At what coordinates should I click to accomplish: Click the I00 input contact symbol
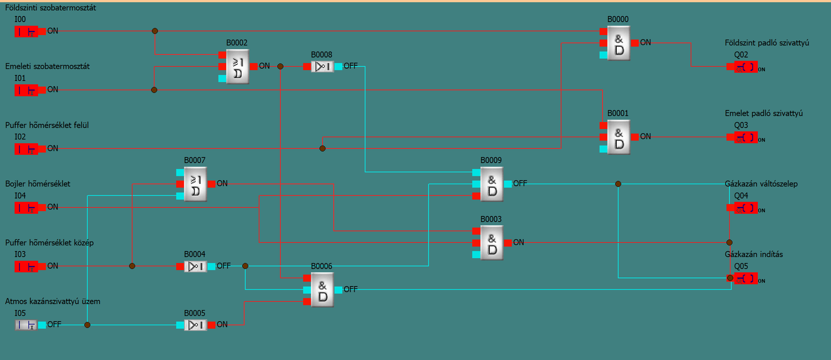click(x=26, y=31)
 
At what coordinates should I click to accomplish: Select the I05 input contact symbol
click(x=26, y=325)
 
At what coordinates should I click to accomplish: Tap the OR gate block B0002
click(x=237, y=67)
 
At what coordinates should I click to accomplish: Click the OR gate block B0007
click(x=195, y=184)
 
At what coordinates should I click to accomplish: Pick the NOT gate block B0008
click(x=322, y=66)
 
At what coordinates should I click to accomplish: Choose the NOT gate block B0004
click(x=195, y=266)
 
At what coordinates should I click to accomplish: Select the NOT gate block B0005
click(x=195, y=325)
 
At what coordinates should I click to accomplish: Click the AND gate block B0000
click(x=618, y=43)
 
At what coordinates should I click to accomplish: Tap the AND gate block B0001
click(x=618, y=137)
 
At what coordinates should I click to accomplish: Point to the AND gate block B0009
click(x=492, y=184)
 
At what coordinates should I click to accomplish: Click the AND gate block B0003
click(x=492, y=243)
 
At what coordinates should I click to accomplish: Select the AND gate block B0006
click(x=322, y=289)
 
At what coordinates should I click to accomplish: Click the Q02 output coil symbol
click(x=745, y=67)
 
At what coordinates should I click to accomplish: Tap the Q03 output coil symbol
click(x=745, y=138)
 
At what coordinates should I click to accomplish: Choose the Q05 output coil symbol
click(x=745, y=279)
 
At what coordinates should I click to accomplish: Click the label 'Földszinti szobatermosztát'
click(x=51, y=8)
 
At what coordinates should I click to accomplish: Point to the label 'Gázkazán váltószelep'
click(x=761, y=184)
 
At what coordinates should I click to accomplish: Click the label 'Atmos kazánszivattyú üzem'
click(x=53, y=301)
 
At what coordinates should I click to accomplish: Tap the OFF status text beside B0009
click(x=520, y=183)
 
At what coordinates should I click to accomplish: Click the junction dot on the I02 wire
click(x=322, y=148)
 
